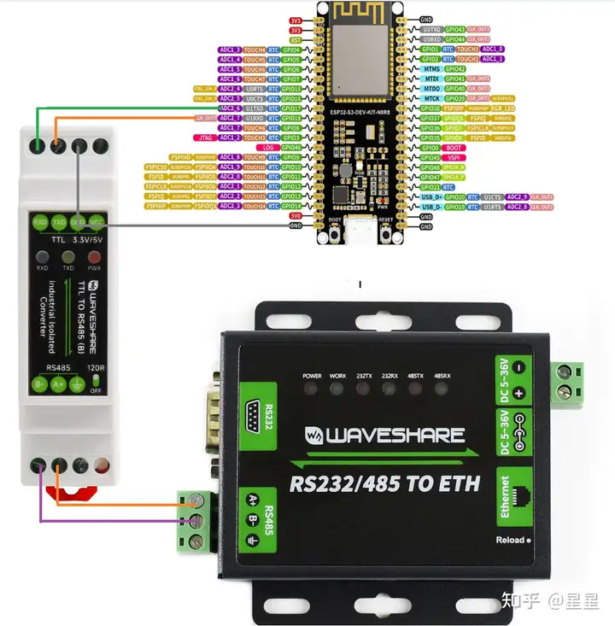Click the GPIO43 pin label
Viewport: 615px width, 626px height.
455,29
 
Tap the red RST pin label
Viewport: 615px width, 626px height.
296,39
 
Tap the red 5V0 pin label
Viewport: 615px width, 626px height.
296,216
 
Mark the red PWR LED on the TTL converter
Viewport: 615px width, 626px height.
93,255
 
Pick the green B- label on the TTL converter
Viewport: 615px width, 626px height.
40,384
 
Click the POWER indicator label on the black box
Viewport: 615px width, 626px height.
313,376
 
